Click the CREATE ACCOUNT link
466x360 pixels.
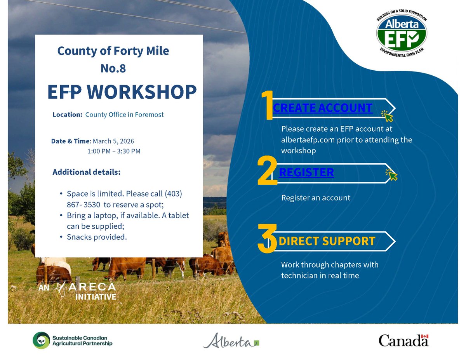coord(323,108)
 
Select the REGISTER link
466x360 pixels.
coord(306,172)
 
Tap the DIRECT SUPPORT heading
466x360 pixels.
coord(327,241)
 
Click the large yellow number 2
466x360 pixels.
coord(268,171)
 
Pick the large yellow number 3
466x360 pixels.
coord(268,239)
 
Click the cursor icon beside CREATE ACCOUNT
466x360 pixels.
coord(387,116)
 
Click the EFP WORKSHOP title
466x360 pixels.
coord(122,92)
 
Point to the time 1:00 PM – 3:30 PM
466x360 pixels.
coord(114,151)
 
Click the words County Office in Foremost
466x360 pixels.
coord(124,115)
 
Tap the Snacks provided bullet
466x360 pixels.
coord(97,237)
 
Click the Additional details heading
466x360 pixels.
coord(87,172)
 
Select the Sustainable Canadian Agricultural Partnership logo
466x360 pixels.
coord(73,340)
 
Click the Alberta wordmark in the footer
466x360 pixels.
coord(231,341)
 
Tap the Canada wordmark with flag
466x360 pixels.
coord(403,340)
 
